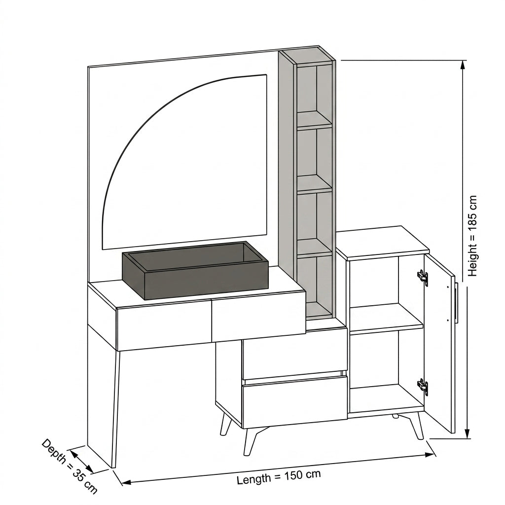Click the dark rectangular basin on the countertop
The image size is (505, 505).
[195, 270]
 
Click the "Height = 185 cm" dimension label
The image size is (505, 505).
[472, 236]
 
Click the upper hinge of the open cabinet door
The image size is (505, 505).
[423, 277]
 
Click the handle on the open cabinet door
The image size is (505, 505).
[456, 303]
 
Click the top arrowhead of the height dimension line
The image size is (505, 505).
[463, 65]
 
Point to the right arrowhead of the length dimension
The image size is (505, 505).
[430, 455]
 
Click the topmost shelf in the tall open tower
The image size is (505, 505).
[314, 119]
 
